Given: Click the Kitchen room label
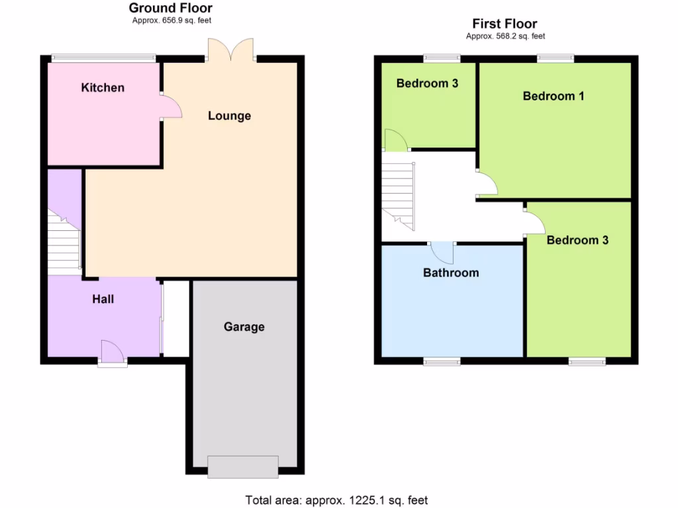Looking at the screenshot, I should (103, 87).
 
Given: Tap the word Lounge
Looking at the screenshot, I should (229, 116).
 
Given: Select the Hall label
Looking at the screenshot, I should (103, 299).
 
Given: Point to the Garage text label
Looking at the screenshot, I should (244, 327).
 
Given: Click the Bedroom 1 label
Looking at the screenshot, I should (554, 96).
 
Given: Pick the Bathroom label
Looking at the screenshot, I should (451, 273).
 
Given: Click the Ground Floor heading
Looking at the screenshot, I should (171, 8).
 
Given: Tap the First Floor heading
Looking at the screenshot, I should (505, 24).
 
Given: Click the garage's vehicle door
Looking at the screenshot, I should (243, 466).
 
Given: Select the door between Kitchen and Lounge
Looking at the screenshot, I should (170, 108).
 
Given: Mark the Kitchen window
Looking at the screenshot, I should (104, 58).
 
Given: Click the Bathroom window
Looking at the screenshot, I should (442, 361).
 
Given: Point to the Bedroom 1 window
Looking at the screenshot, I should (556, 58).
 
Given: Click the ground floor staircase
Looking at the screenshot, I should (64, 245).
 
